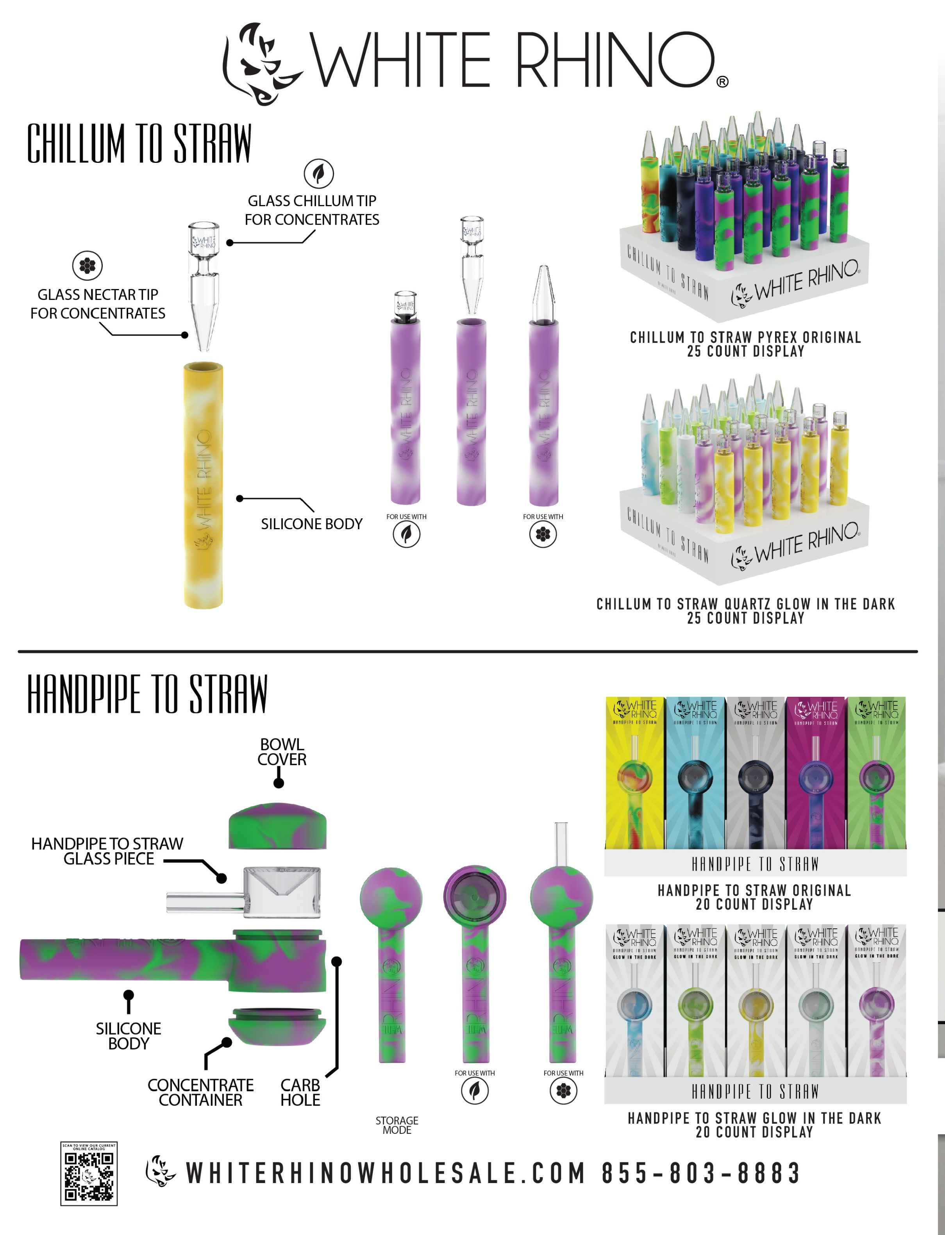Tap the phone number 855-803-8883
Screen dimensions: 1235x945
(x=701, y=1173)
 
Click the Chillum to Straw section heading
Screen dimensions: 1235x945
(x=139, y=144)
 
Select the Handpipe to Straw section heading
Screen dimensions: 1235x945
(x=147, y=694)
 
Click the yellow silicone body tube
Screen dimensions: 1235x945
(x=203, y=485)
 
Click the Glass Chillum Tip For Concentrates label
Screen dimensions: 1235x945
(x=312, y=210)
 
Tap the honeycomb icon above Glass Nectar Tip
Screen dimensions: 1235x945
(x=87, y=266)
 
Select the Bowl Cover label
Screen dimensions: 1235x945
(x=282, y=751)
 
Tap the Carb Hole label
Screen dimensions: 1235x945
(x=300, y=1092)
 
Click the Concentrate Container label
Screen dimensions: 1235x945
(x=200, y=1092)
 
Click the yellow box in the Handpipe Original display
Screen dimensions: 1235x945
(x=634, y=773)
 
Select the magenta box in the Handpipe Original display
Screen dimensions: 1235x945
(x=816, y=773)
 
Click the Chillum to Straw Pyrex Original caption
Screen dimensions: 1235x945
(x=745, y=344)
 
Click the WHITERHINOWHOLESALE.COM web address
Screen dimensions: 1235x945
(x=386, y=1173)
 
